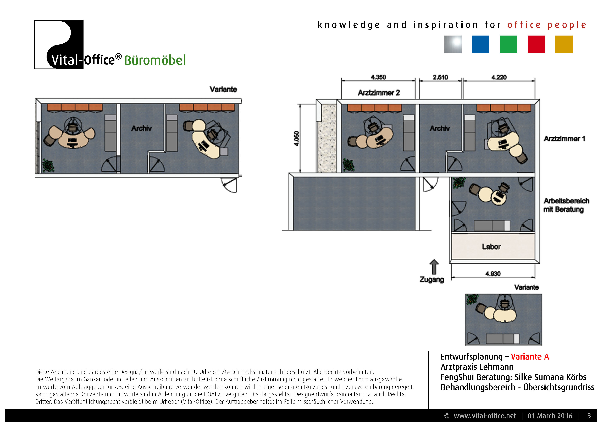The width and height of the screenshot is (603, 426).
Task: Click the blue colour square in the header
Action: (481, 44)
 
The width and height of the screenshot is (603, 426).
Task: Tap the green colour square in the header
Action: (508, 44)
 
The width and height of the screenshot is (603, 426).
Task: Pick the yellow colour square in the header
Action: (564, 44)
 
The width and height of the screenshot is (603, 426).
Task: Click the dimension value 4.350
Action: (378, 77)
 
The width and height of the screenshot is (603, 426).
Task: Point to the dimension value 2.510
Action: (440, 77)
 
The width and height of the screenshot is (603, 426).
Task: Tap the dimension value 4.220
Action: (499, 77)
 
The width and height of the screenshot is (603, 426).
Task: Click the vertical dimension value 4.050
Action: (296, 138)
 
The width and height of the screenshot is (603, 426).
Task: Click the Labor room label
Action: (491, 247)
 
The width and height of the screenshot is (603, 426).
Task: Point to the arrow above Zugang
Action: (434, 267)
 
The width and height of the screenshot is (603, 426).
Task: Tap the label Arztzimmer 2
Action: (379, 93)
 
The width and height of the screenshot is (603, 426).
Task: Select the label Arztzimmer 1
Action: (564, 139)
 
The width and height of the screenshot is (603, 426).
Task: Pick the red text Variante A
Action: (530, 357)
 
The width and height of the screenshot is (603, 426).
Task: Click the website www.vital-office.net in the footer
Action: (485, 416)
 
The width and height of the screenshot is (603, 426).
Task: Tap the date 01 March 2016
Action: (550, 416)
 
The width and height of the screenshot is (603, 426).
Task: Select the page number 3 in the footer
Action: (589, 416)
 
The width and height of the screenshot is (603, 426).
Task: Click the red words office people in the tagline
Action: (547, 25)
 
